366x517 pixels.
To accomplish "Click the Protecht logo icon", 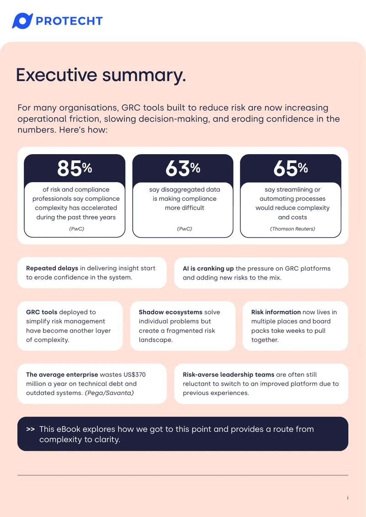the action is point(22,21).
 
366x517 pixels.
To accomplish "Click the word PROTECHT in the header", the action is point(69,21).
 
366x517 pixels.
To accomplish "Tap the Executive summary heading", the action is point(101,75).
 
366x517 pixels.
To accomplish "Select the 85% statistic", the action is point(75,168).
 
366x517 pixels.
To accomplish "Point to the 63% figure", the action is point(183,168).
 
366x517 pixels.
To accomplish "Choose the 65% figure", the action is point(291,168).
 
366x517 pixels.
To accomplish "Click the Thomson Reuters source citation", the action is point(292,229).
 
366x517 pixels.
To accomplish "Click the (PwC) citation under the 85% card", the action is point(76,229).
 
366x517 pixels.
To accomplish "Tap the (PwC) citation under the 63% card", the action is point(184,229).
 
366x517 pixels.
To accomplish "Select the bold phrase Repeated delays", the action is point(52,269).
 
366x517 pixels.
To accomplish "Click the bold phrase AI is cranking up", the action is point(208,269).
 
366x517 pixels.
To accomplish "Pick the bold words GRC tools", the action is point(42,312).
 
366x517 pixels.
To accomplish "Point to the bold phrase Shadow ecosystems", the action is point(171,312).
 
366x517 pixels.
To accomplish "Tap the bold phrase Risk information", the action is point(276,312).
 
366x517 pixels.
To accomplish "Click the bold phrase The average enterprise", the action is point(62,375).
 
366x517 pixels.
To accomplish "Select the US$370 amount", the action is point(135,375).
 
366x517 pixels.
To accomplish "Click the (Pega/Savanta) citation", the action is point(109,393).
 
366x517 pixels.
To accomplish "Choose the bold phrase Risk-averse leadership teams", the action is point(228,375).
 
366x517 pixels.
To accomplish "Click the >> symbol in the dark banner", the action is point(30,429).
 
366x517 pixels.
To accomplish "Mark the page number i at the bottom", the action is point(348,498).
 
